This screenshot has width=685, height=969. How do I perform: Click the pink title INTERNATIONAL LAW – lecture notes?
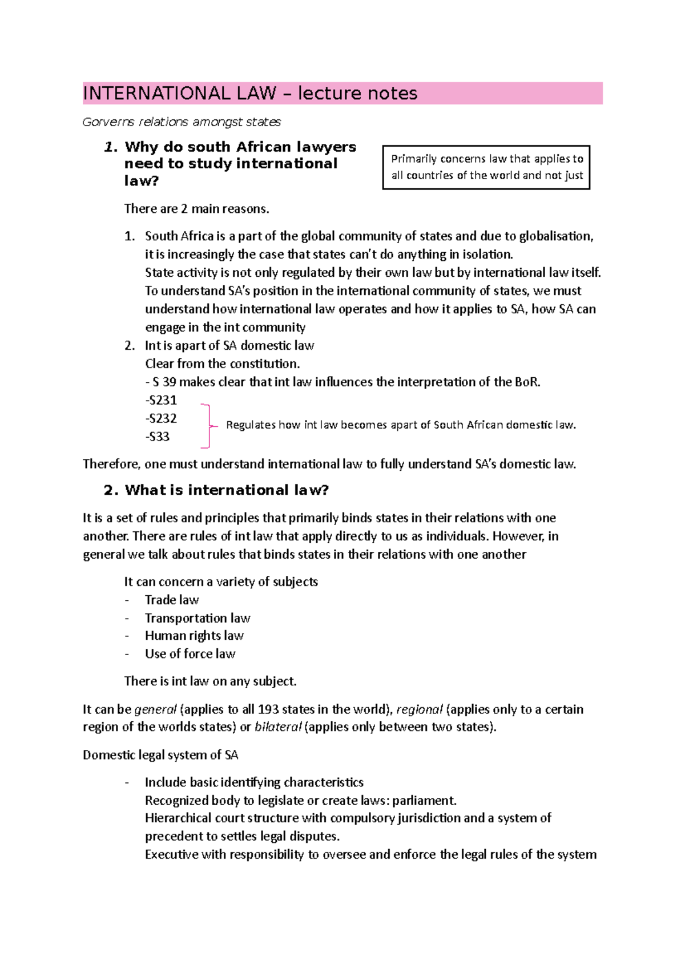[250, 93]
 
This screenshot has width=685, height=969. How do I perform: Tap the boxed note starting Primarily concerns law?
[486, 167]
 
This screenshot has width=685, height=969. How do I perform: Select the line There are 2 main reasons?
[196, 209]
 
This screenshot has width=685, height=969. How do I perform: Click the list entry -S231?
[161, 400]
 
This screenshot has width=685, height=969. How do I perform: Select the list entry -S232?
[161, 418]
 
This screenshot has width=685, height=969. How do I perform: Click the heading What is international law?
[227, 490]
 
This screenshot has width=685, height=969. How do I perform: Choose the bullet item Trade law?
[172, 600]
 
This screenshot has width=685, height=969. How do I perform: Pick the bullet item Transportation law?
[198, 618]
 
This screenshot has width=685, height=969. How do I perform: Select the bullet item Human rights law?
[194, 636]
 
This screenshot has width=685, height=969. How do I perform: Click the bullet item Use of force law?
[190, 654]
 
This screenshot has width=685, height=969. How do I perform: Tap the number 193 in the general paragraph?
[268, 709]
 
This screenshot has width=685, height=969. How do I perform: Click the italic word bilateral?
[278, 727]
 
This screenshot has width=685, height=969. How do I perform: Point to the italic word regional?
[419, 709]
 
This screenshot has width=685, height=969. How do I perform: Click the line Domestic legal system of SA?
[160, 755]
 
